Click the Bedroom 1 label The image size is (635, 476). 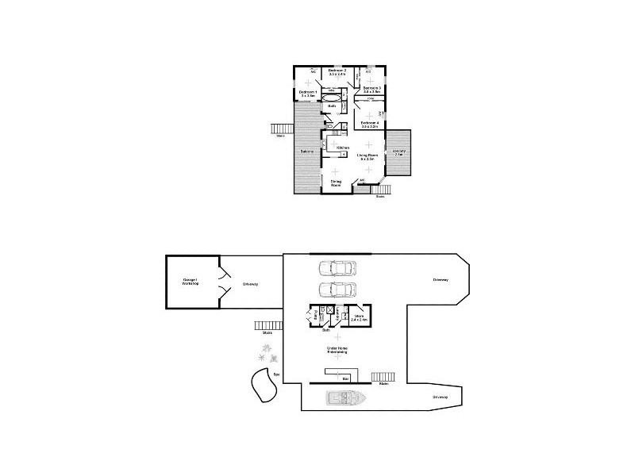[307, 94]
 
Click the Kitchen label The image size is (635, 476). [343, 148]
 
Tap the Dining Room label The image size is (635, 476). [337, 183]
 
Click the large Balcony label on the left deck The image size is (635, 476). [306, 151]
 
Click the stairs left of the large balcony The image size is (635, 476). [279, 129]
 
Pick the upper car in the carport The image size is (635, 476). [337, 268]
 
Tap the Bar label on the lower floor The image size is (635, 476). [345, 379]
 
